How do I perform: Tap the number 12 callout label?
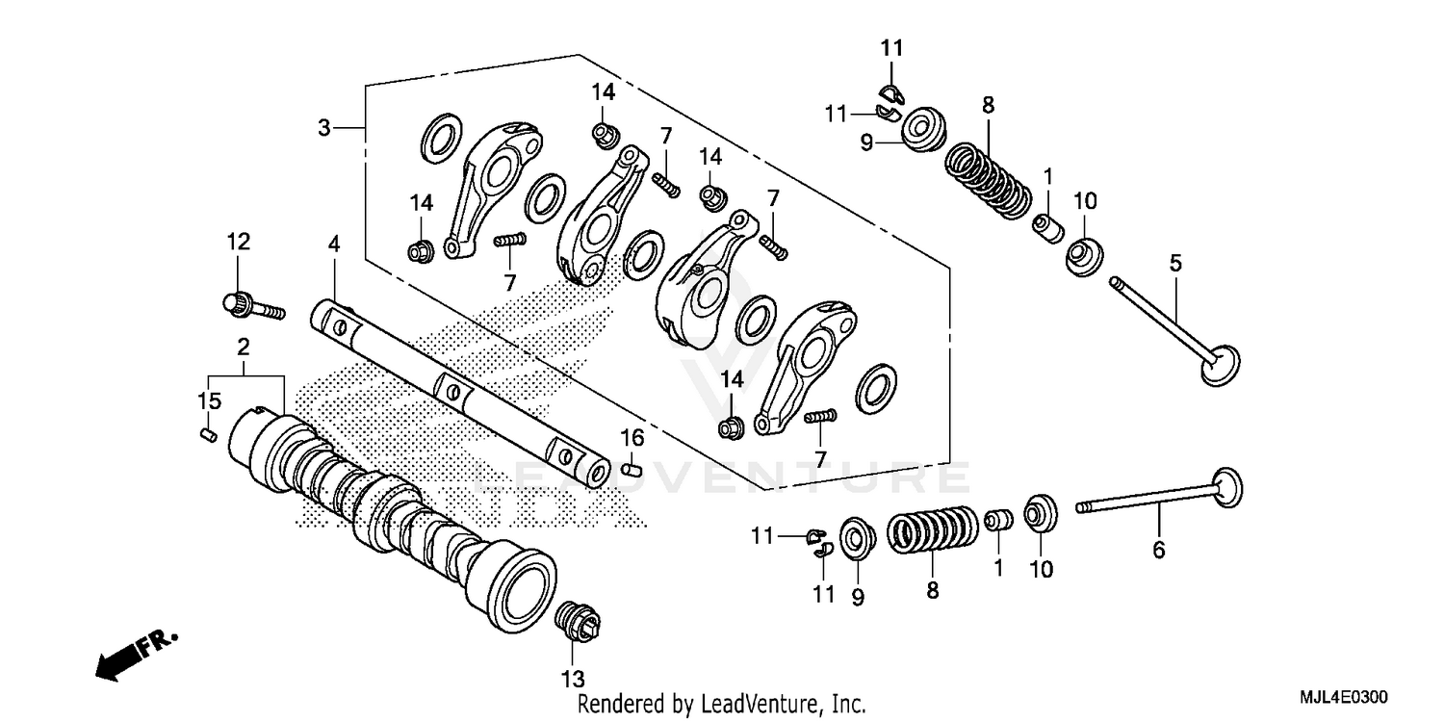click(238, 243)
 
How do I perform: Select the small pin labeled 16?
click(632, 470)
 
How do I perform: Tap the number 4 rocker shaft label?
click(333, 244)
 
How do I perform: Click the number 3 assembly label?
click(325, 127)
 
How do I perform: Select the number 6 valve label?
click(1159, 550)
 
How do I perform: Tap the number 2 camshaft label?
click(244, 345)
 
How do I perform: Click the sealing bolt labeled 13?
click(578, 619)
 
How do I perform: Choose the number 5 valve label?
click(1175, 262)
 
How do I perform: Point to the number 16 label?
click(631, 439)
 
